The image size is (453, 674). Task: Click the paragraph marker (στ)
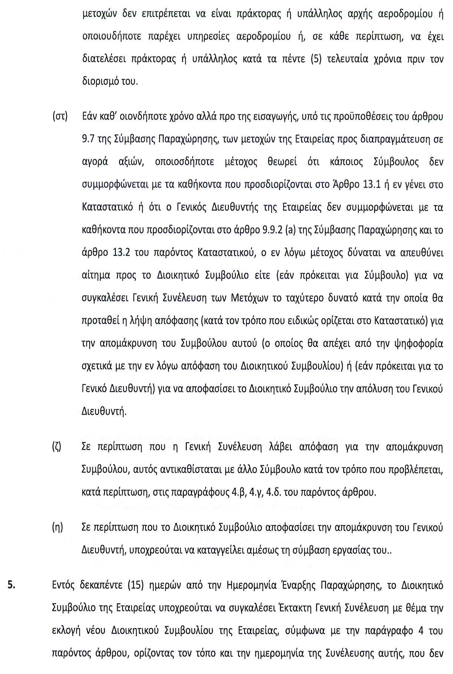pos(60,116)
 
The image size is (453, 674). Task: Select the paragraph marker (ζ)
pos(57,447)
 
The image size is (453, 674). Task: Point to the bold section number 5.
pos(12,585)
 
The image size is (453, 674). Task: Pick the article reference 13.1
pos(371,185)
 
